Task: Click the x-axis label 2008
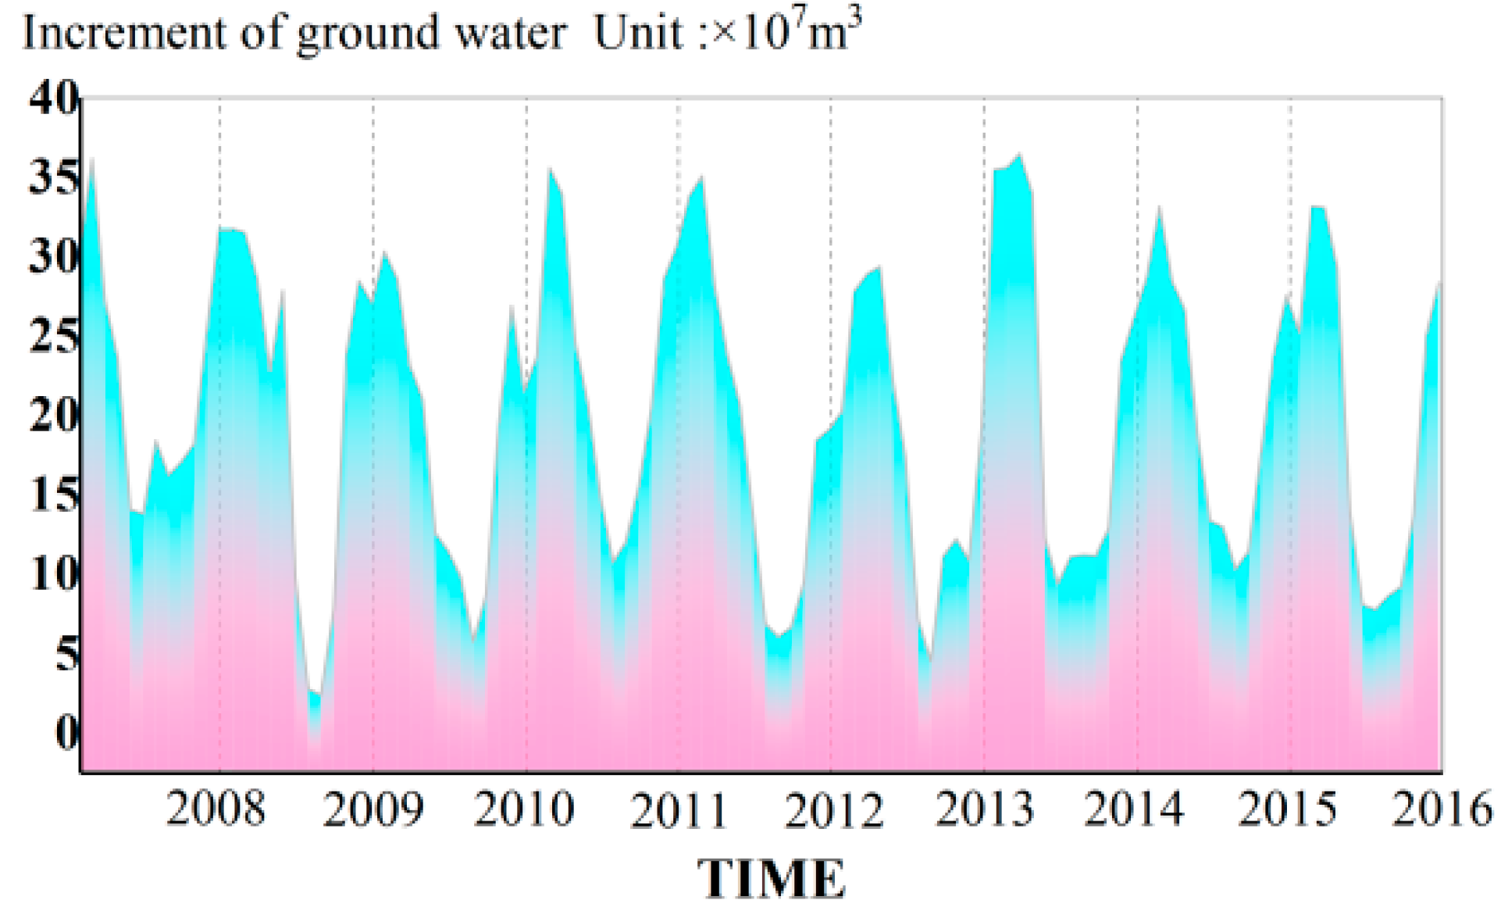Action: pyautogui.click(x=216, y=809)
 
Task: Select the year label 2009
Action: pyautogui.click(x=373, y=809)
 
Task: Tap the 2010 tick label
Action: pyautogui.click(x=524, y=809)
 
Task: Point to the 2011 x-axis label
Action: pyautogui.click(x=679, y=809)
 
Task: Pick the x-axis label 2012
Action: pyautogui.click(x=833, y=809)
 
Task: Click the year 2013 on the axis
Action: pyautogui.click(x=984, y=809)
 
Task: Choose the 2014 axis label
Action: pyautogui.click(x=1134, y=809)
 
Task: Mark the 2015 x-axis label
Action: pyautogui.click(x=1287, y=809)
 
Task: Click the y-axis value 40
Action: pyautogui.click(x=53, y=98)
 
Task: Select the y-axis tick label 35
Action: pyautogui.click(x=53, y=178)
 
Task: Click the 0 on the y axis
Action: pyautogui.click(x=66, y=733)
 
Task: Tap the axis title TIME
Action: pyautogui.click(x=771, y=879)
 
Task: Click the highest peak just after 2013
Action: pyautogui.click(x=1019, y=155)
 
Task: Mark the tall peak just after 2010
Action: pyautogui.click(x=550, y=169)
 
